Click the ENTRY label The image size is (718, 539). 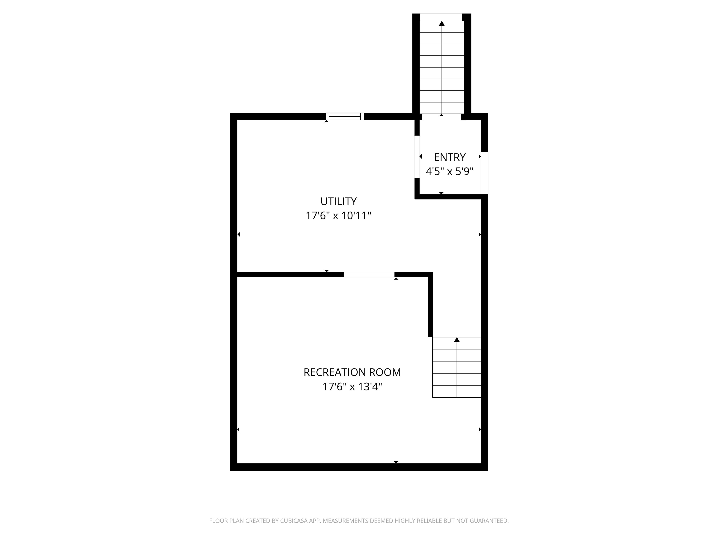coord(449,157)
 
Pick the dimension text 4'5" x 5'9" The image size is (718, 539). coord(449,171)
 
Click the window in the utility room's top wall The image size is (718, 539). coord(345,116)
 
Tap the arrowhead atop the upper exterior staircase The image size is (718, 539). coord(442,23)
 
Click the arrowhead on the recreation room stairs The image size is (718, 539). coord(457,340)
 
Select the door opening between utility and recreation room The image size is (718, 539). coord(369,275)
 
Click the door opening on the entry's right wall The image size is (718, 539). coord(484,173)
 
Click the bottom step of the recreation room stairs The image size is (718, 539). coord(456,391)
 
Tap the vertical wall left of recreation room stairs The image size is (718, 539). coord(430,305)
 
